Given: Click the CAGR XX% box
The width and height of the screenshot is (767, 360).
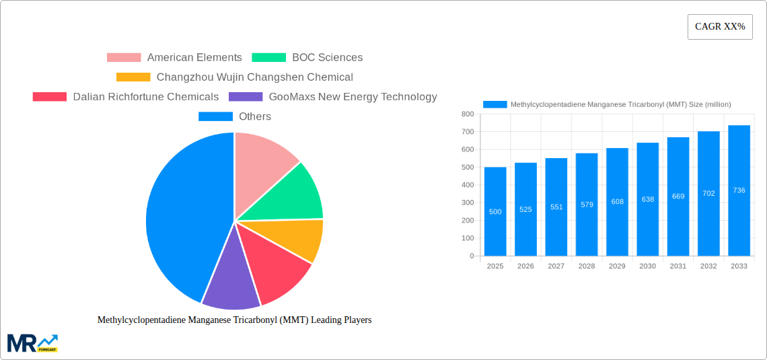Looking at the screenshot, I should click(719, 27).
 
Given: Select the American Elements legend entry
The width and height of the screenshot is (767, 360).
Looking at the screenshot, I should click(174, 58).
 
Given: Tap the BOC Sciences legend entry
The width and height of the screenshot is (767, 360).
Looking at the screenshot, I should click(307, 58).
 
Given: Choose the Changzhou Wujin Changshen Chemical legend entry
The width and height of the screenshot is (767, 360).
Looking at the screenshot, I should click(235, 77).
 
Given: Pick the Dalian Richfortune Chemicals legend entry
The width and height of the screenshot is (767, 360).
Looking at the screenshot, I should click(126, 97).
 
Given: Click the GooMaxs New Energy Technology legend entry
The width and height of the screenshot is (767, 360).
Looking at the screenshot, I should click(333, 97).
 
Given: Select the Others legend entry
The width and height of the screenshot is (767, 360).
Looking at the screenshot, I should click(235, 116).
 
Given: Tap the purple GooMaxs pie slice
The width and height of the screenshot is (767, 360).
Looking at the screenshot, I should click(230, 283).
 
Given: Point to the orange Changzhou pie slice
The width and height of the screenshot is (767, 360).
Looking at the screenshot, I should click(296, 239).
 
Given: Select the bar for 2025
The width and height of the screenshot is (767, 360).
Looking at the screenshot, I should click(495, 211).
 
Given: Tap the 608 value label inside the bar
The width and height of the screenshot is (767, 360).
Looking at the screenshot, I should click(617, 201).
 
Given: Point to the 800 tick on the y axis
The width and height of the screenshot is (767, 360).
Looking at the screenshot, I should click(467, 114).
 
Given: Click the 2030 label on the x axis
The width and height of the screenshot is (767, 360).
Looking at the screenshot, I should click(647, 266).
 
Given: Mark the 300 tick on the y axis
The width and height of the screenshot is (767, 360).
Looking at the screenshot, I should click(467, 203).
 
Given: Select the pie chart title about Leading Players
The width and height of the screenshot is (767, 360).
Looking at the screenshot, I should click(234, 320).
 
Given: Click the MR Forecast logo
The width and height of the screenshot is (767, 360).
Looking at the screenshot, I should click(32, 343).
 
